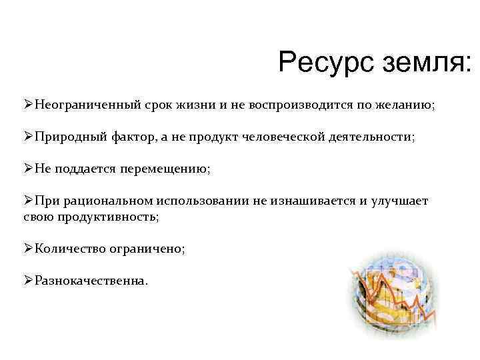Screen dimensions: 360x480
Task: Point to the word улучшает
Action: (400, 201)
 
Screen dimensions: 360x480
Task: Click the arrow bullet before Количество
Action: (28, 249)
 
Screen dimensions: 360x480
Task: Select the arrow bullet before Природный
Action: (28, 137)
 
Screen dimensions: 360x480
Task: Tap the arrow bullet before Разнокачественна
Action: (28, 281)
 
